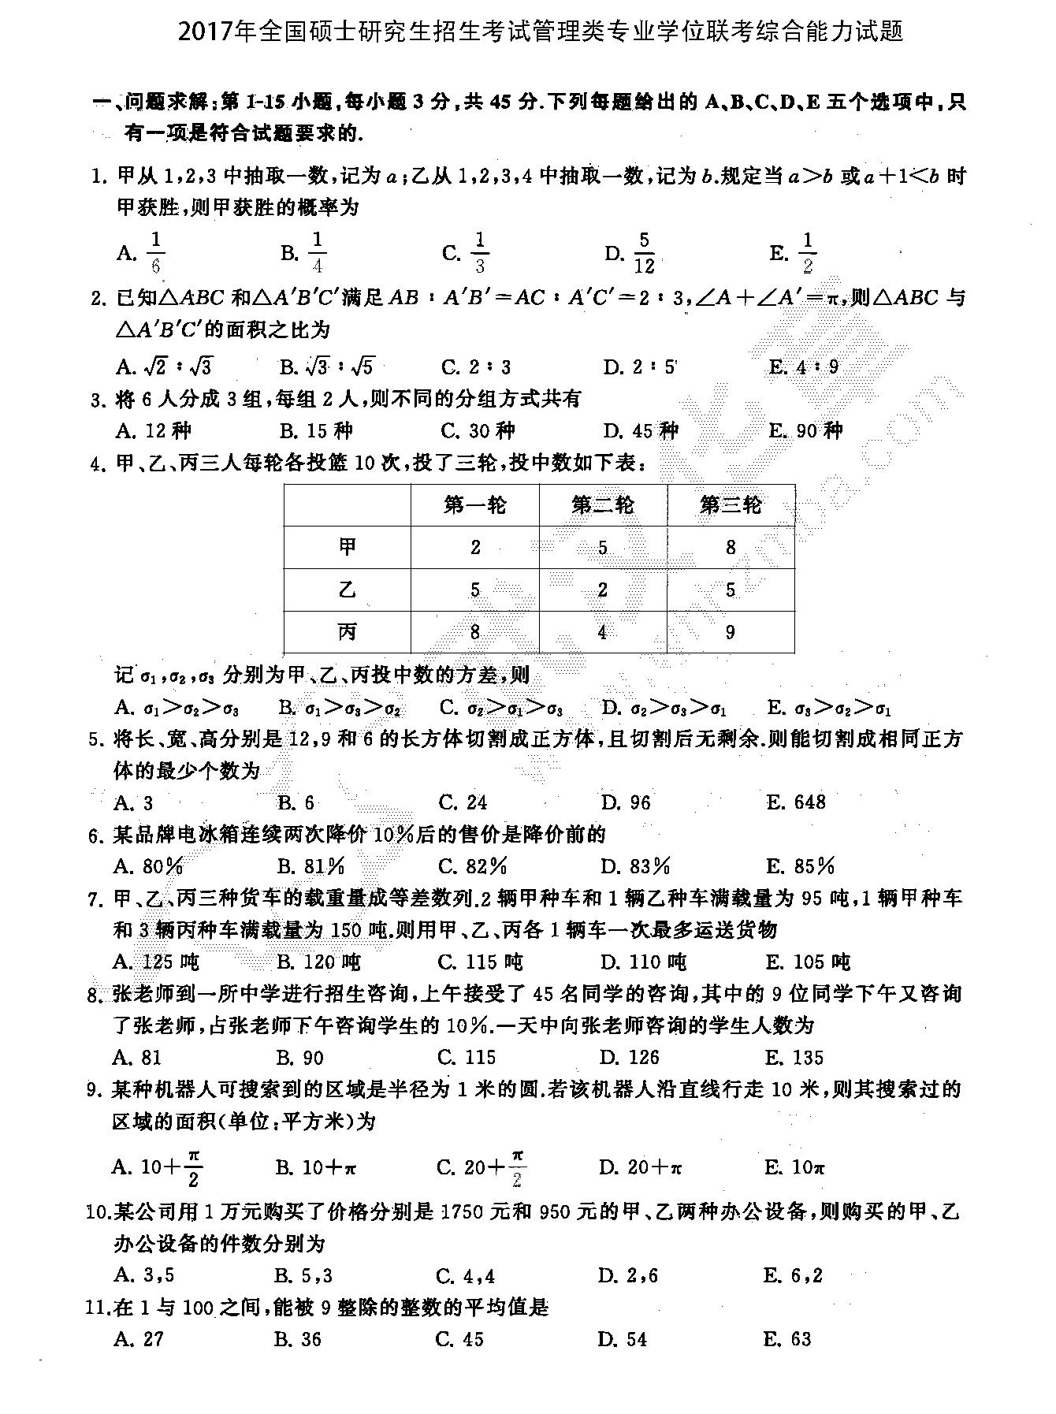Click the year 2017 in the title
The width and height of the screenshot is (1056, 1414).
pos(207,32)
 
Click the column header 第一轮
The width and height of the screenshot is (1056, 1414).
pos(475,504)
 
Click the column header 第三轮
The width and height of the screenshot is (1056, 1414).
pos(731,504)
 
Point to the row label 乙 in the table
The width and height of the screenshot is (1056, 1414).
pos(347,590)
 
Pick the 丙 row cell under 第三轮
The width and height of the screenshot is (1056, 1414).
pos(731,632)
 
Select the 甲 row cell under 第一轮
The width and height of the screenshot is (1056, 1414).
pos(475,547)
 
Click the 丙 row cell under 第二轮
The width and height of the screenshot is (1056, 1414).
pos(603,632)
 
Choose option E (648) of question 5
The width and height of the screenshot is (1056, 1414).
pos(796,802)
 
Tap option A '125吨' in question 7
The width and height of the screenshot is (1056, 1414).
pos(156,962)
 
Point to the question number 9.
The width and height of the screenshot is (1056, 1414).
pos(95,1090)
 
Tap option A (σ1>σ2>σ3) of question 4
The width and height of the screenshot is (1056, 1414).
pos(177,708)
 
